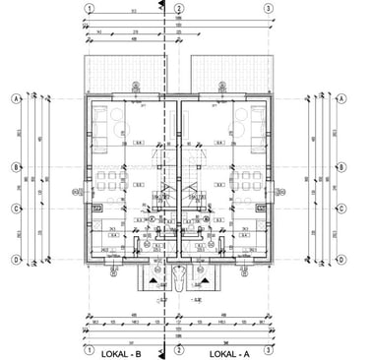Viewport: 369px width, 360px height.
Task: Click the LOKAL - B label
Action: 124,351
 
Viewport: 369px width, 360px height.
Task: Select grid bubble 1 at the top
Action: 90,7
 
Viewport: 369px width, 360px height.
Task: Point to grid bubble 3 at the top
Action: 268,7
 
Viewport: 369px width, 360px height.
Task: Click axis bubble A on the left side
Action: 17,99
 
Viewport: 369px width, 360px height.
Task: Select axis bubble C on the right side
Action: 340,209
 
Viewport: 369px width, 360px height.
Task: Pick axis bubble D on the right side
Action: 340,259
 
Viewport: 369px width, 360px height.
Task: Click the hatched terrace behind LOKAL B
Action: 127,71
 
